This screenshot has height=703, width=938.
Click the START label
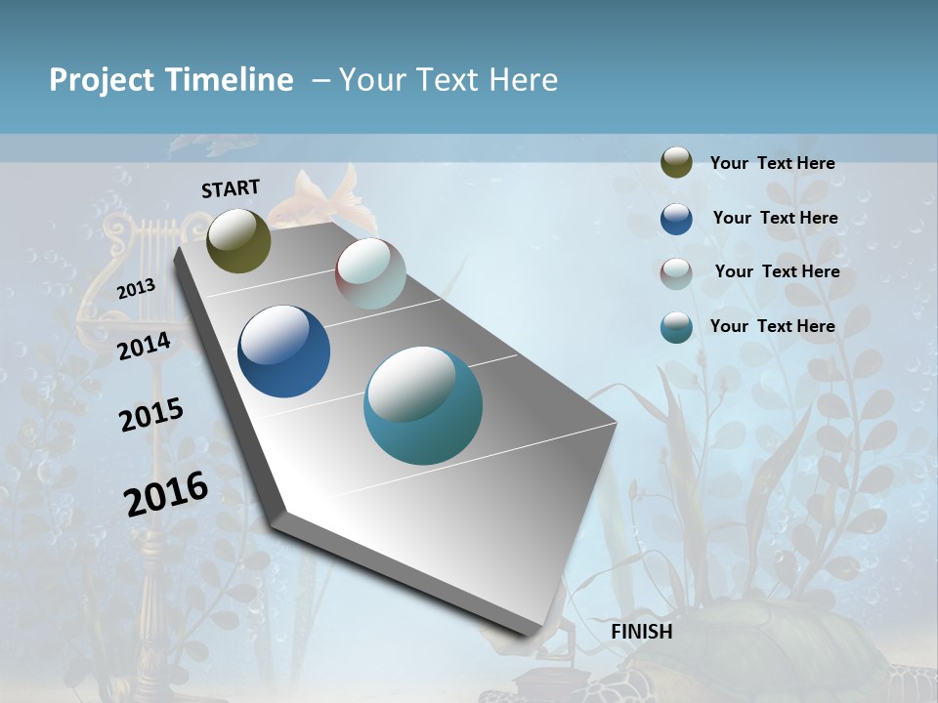(x=231, y=188)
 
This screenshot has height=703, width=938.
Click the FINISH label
(x=641, y=632)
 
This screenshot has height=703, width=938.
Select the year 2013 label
(x=136, y=289)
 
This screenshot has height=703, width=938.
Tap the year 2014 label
(x=144, y=346)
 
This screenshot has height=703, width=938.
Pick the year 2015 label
(x=150, y=415)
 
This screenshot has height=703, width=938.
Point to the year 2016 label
(x=166, y=493)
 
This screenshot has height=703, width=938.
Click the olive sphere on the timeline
(x=238, y=240)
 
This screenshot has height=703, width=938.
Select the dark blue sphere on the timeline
(x=283, y=351)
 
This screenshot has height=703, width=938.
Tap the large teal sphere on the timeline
(x=423, y=405)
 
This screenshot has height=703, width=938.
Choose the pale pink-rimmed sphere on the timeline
(x=370, y=273)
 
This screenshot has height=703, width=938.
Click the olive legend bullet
(x=676, y=163)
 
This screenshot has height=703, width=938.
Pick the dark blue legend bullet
(x=676, y=219)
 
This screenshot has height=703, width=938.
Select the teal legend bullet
(x=676, y=327)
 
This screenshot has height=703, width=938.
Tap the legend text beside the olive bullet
(x=772, y=163)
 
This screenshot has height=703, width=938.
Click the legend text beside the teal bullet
(x=772, y=326)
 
